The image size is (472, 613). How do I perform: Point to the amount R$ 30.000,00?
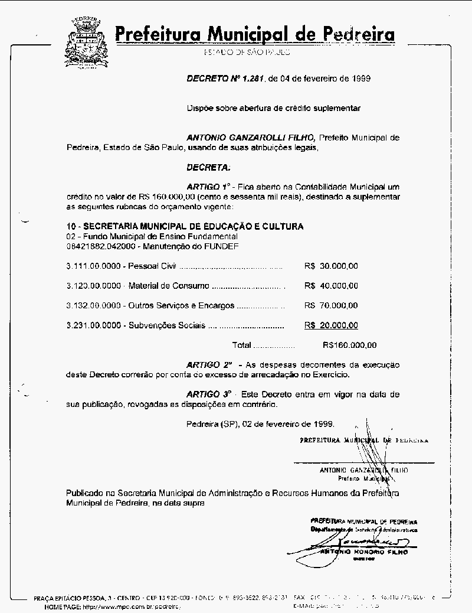pyautogui.click(x=331, y=266)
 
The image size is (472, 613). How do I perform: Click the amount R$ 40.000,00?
pyautogui.click(x=331, y=286)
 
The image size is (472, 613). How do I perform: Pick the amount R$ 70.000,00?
pyautogui.click(x=331, y=306)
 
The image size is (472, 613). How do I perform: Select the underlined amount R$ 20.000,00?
pyautogui.click(x=331, y=325)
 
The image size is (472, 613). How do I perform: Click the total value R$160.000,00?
pyautogui.click(x=350, y=345)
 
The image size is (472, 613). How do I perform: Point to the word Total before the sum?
pyautogui.click(x=242, y=345)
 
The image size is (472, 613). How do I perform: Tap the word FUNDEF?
pyautogui.click(x=223, y=246)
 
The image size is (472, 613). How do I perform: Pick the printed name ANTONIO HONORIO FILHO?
pyautogui.click(x=364, y=552)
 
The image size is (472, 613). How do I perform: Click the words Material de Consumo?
pyautogui.click(x=168, y=286)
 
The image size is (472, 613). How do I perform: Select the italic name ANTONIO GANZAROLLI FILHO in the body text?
pyautogui.click(x=251, y=138)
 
